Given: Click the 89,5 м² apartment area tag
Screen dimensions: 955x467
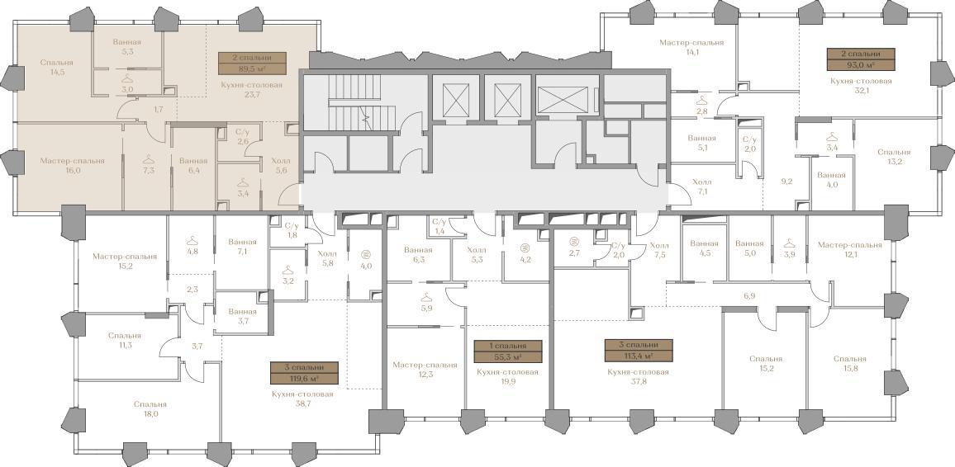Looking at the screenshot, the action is [251, 64].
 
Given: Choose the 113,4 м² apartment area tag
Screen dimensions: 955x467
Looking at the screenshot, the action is [639, 351].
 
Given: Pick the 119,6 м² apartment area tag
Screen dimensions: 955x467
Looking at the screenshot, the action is [305, 373].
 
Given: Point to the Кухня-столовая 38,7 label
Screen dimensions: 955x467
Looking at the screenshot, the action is [302, 399].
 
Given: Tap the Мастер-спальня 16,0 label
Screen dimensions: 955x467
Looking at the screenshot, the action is [73, 166].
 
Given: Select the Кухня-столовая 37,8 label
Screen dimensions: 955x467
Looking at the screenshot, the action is [639, 378].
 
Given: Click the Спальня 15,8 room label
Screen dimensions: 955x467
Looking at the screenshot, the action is [849, 364].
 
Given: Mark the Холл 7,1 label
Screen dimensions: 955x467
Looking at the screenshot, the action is [701, 186].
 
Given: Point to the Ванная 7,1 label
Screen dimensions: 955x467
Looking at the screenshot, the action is [242, 246].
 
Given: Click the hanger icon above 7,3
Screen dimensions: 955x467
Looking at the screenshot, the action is [148, 159].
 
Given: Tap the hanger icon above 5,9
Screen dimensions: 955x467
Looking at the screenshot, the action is [425, 297].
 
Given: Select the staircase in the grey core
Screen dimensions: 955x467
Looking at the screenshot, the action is [354, 103].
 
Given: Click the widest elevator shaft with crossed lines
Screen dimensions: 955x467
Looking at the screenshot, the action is [563, 100].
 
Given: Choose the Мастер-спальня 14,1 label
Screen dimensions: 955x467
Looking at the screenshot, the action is [692, 47].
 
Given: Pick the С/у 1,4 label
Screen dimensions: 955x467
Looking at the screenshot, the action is [439, 227].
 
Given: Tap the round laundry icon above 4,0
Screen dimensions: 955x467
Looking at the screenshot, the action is [365, 254].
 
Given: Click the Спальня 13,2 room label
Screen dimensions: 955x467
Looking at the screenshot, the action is [895, 157].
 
